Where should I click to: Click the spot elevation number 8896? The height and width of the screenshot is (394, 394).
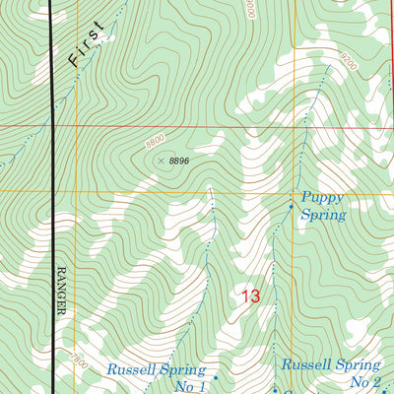click(177, 161)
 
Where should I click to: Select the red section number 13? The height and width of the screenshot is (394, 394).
click(250, 295)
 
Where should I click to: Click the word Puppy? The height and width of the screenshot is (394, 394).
click(323, 196)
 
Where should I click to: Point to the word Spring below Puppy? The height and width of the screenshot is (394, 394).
click(324, 214)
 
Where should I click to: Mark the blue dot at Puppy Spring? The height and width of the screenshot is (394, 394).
click(290, 207)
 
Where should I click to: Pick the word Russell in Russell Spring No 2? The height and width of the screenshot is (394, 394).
click(306, 364)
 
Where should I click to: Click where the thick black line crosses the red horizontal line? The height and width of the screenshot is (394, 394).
click(51, 127)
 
